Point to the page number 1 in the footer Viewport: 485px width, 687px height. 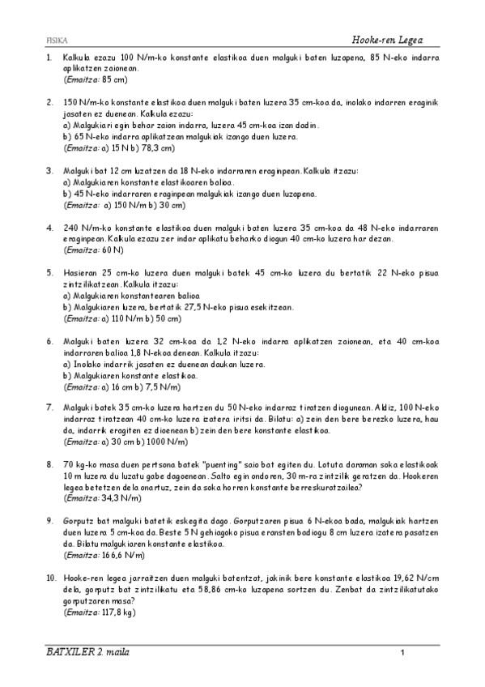coord(402,652)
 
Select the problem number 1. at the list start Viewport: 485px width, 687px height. coord(49,58)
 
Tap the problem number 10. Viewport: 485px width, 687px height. coord(51,578)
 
